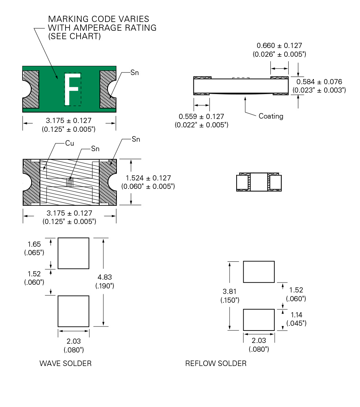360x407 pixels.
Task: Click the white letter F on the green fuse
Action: point(73,89)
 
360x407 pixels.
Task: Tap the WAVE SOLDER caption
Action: point(66,363)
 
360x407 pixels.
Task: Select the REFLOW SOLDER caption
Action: point(216,363)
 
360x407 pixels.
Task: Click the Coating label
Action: point(271,116)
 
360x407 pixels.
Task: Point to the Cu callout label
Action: point(70,143)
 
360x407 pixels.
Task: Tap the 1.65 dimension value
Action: point(34,244)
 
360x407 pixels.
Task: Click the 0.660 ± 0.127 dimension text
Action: point(279,46)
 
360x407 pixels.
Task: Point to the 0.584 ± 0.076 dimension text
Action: point(319,82)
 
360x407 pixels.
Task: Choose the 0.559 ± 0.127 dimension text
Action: point(201,116)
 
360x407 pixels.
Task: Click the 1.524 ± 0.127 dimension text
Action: point(148,178)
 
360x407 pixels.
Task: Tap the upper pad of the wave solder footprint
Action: point(74,253)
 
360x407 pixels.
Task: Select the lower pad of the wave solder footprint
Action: point(74,311)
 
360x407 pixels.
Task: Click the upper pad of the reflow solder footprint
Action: point(259,272)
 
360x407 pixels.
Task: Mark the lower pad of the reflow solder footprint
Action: point(259,320)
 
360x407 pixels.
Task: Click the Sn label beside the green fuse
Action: point(135,73)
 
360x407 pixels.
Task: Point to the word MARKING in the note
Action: point(66,19)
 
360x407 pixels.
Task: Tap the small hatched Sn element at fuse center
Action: point(70,182)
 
